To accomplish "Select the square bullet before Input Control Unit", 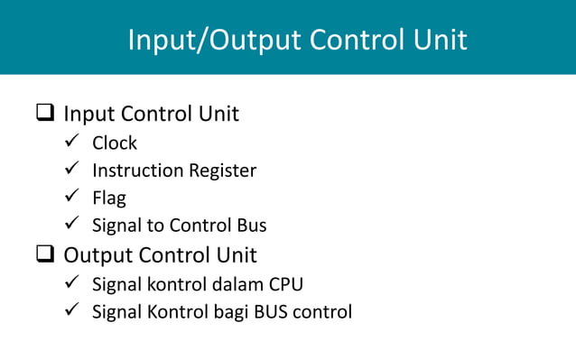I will tap(44, 115).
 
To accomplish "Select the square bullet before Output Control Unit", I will tap(44, 254).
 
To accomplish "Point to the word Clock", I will tap(115, 143).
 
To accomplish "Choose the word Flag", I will tap(109, 198).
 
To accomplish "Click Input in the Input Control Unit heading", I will tap(88, 115).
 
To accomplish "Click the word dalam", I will tap(237, 284).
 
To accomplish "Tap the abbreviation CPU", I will tap(286, 284).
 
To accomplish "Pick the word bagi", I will tap(228, 313).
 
